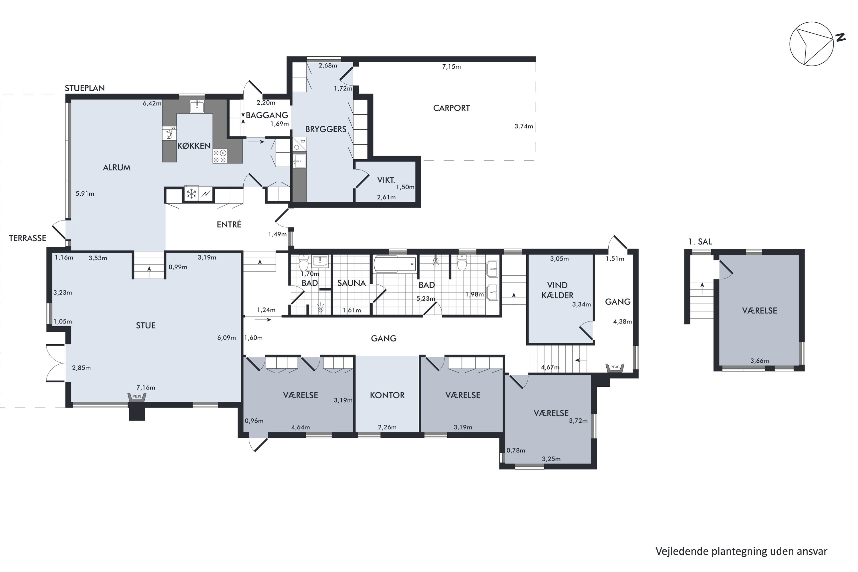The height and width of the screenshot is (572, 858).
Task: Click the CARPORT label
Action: (451, 108)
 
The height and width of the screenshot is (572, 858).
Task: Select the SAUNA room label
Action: (351, 283)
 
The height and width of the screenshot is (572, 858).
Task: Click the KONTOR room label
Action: (387, 395)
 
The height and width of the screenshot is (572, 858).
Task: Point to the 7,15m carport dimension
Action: (451, 66)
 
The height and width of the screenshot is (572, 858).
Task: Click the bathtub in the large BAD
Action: (395, 264)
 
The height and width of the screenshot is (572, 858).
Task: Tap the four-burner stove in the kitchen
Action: (220, 156)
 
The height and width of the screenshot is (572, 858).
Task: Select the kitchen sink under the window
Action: (197, 106)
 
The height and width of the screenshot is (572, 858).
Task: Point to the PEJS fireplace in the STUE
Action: (137, 397)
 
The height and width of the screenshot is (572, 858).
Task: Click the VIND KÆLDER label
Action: (557, 290)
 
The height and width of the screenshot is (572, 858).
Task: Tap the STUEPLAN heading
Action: (85, 88)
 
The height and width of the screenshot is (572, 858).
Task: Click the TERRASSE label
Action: (27, 238)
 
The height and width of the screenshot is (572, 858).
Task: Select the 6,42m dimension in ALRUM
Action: (152, 103)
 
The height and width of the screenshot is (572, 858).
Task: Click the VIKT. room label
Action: (386, 180)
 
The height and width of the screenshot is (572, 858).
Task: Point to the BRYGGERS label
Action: (326, 129)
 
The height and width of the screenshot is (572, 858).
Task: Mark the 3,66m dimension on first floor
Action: (760, 361)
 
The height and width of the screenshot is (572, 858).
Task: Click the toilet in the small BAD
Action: (303, 262)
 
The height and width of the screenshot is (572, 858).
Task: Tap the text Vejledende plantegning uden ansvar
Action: (741, 551)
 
